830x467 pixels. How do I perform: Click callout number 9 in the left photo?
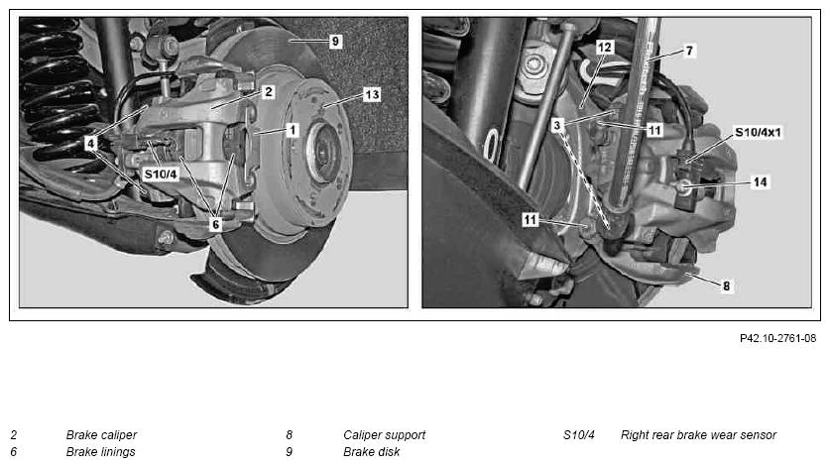click(335, 42)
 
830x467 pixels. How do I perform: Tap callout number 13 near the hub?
click(372, 94)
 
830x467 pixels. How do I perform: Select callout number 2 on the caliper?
click(269, 92)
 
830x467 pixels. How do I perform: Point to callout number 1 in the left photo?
click(292, 130)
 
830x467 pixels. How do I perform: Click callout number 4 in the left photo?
click(91, 143)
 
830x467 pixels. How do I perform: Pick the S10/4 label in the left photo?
click(161, 174)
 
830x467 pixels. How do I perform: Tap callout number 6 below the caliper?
click(215, 224)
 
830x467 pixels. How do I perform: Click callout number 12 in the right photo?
click(604, 48)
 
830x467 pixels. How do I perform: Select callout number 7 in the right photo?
click(688, 51)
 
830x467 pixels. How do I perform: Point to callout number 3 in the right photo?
click(556, 126)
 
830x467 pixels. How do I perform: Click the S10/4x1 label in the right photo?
click(758, 133)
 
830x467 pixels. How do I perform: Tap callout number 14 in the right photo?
click(761, 182)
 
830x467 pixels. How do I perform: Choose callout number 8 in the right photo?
click(726, 286)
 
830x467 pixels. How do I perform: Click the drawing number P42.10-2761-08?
click(777, 338)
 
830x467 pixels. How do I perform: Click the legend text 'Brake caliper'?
click(101, 435)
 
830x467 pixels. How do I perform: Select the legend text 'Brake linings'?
click(100, 452)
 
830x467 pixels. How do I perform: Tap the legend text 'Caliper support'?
click(385, 435)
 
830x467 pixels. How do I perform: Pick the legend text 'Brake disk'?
click(372, 452)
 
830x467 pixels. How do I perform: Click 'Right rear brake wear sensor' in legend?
click(698, 435)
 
